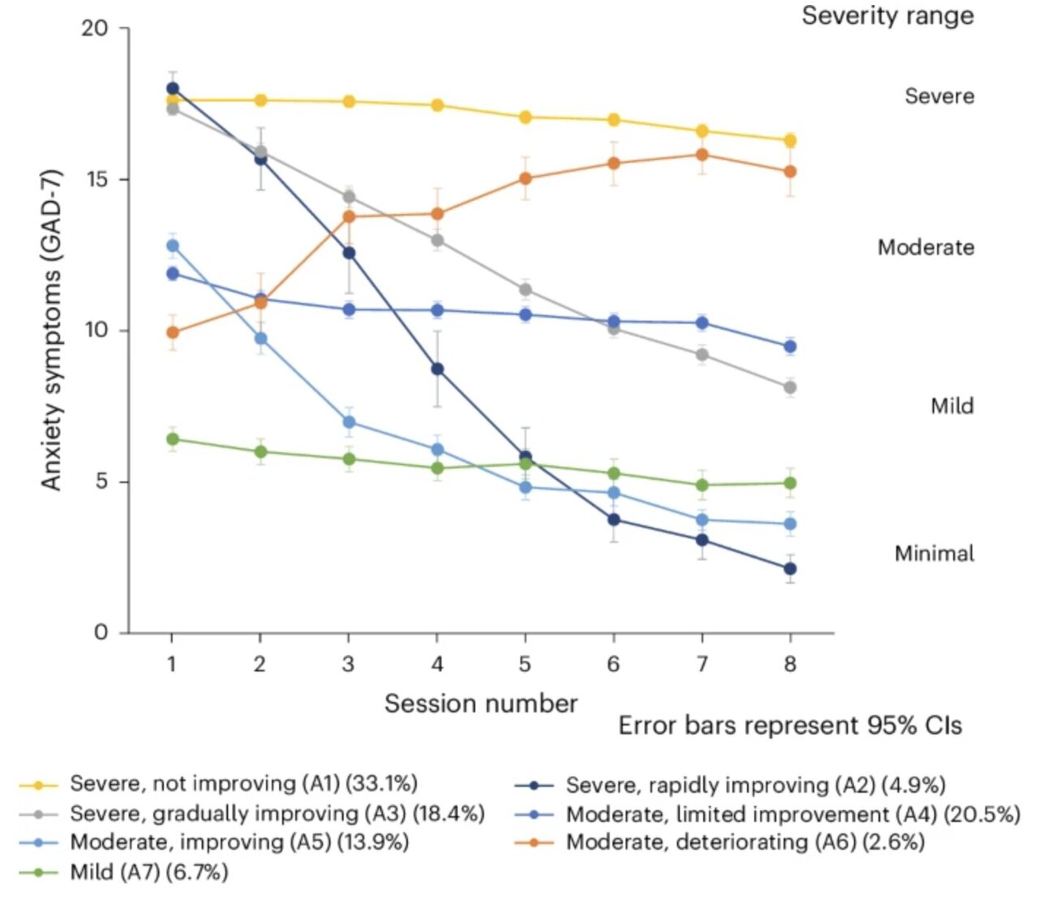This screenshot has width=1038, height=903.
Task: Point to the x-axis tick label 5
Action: click(x=525, y=665)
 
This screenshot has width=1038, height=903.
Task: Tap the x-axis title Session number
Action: click(x=481, y=703)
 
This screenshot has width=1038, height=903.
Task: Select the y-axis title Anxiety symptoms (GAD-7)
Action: click(x=51, y=330)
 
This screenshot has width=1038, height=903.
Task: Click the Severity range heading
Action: click(x=887, y=15)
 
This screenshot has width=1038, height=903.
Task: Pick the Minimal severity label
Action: click(x=934, y=554)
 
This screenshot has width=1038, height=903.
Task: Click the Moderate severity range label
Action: click(x=925, y=247)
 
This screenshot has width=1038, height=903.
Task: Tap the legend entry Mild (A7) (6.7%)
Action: click(x=148, y=872)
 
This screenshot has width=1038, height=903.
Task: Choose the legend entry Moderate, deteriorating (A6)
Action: click(x=744, y=842)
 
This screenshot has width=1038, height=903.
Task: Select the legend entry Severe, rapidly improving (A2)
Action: click(x=755, y=785)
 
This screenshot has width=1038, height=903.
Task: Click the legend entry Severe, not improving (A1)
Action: click(x=243, y=784)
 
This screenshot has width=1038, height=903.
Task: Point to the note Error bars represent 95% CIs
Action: click(x=790, y=725)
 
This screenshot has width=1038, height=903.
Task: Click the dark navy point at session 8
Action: click(x=790, y=569)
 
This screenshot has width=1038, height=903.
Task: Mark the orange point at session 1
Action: click(x=172, y=332)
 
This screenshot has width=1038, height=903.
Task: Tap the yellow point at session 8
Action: click(x=790, y=140)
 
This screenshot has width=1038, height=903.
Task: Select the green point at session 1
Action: click(x=172, y=439)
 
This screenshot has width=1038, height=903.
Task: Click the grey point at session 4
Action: click(x=437, y=240)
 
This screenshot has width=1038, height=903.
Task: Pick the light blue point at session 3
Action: click(x=349, y=422)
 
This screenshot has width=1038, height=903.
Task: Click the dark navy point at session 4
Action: click(x=437, y=369)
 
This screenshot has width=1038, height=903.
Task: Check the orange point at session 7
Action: click(x=701, y=155)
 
